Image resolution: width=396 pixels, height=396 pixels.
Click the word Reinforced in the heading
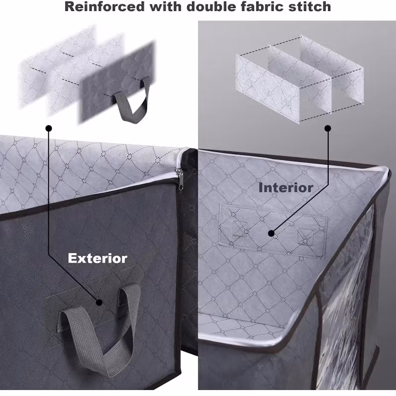pos(104,6)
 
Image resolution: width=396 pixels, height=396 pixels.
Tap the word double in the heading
pos(211,6)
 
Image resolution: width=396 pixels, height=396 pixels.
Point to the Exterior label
pos(98,258)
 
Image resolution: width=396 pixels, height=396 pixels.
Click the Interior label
pos(286,188)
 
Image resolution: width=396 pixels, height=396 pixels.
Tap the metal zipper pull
pos(180,179)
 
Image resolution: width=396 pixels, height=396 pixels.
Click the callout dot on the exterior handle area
pos(99,302)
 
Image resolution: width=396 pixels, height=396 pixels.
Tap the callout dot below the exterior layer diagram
pos(49,128)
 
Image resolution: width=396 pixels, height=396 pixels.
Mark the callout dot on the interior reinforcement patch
pos(271,233)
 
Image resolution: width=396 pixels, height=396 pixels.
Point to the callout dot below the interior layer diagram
pos(328,128)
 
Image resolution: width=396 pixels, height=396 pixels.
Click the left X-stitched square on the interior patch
pos(240,229)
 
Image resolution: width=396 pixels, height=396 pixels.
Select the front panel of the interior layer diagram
pos(268,89)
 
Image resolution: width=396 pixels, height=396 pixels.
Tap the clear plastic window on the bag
pos(346,298)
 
